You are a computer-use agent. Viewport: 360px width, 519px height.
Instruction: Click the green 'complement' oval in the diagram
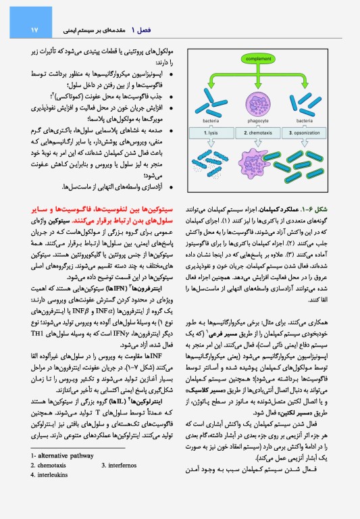269,59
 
